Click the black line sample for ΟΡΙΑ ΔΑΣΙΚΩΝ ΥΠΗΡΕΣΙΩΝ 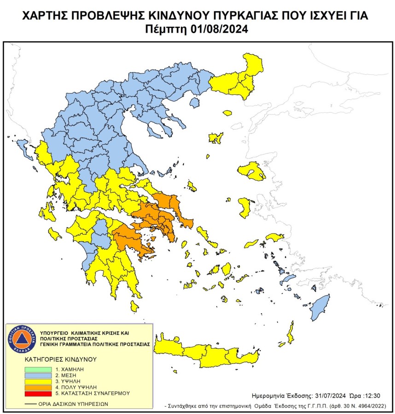[31, 404]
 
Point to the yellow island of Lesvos [252, 171]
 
